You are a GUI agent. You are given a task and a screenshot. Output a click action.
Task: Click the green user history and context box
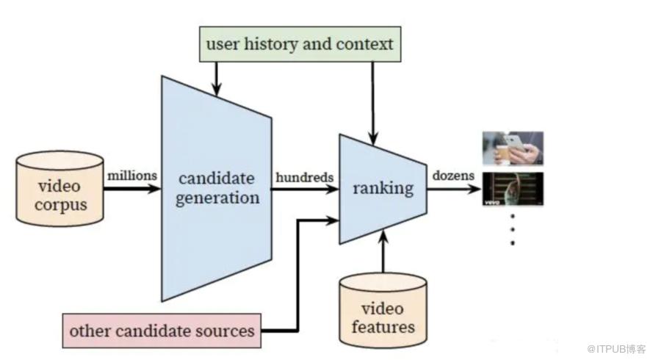[x=300, y=44]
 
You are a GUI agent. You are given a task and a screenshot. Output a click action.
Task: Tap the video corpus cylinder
[x=59, y=189]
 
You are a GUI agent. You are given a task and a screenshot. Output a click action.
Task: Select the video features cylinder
[x=383, y=311]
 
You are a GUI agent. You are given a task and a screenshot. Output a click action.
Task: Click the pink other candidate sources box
[x=162, y=331]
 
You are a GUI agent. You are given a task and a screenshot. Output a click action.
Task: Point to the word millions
[x=132, y=176]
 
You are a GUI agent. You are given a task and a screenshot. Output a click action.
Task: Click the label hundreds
[x=304, y=178]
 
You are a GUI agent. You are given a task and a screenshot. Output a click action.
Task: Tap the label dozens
[x=453, y=176]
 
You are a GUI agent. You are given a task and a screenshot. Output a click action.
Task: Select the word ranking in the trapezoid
[x=383, y=188]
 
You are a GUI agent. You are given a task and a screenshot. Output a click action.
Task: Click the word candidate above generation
[x=217, y=179]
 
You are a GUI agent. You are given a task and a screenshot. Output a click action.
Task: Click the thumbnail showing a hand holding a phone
[x=513, y=148]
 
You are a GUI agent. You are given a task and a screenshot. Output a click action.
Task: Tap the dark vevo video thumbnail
[x=513, y=189]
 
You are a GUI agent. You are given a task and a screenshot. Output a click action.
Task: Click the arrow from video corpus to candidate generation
[x=132, y=189]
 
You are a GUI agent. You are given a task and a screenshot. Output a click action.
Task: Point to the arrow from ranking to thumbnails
[x=454, y=189]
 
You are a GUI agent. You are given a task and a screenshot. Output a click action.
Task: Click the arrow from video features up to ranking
[x=383, y=251]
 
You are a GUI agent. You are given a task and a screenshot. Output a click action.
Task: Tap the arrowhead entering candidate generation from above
[x=216, y=89]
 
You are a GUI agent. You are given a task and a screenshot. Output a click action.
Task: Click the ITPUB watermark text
[x=616, y=349]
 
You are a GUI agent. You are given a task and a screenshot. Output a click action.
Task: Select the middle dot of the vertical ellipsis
[x=513, y=229]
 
